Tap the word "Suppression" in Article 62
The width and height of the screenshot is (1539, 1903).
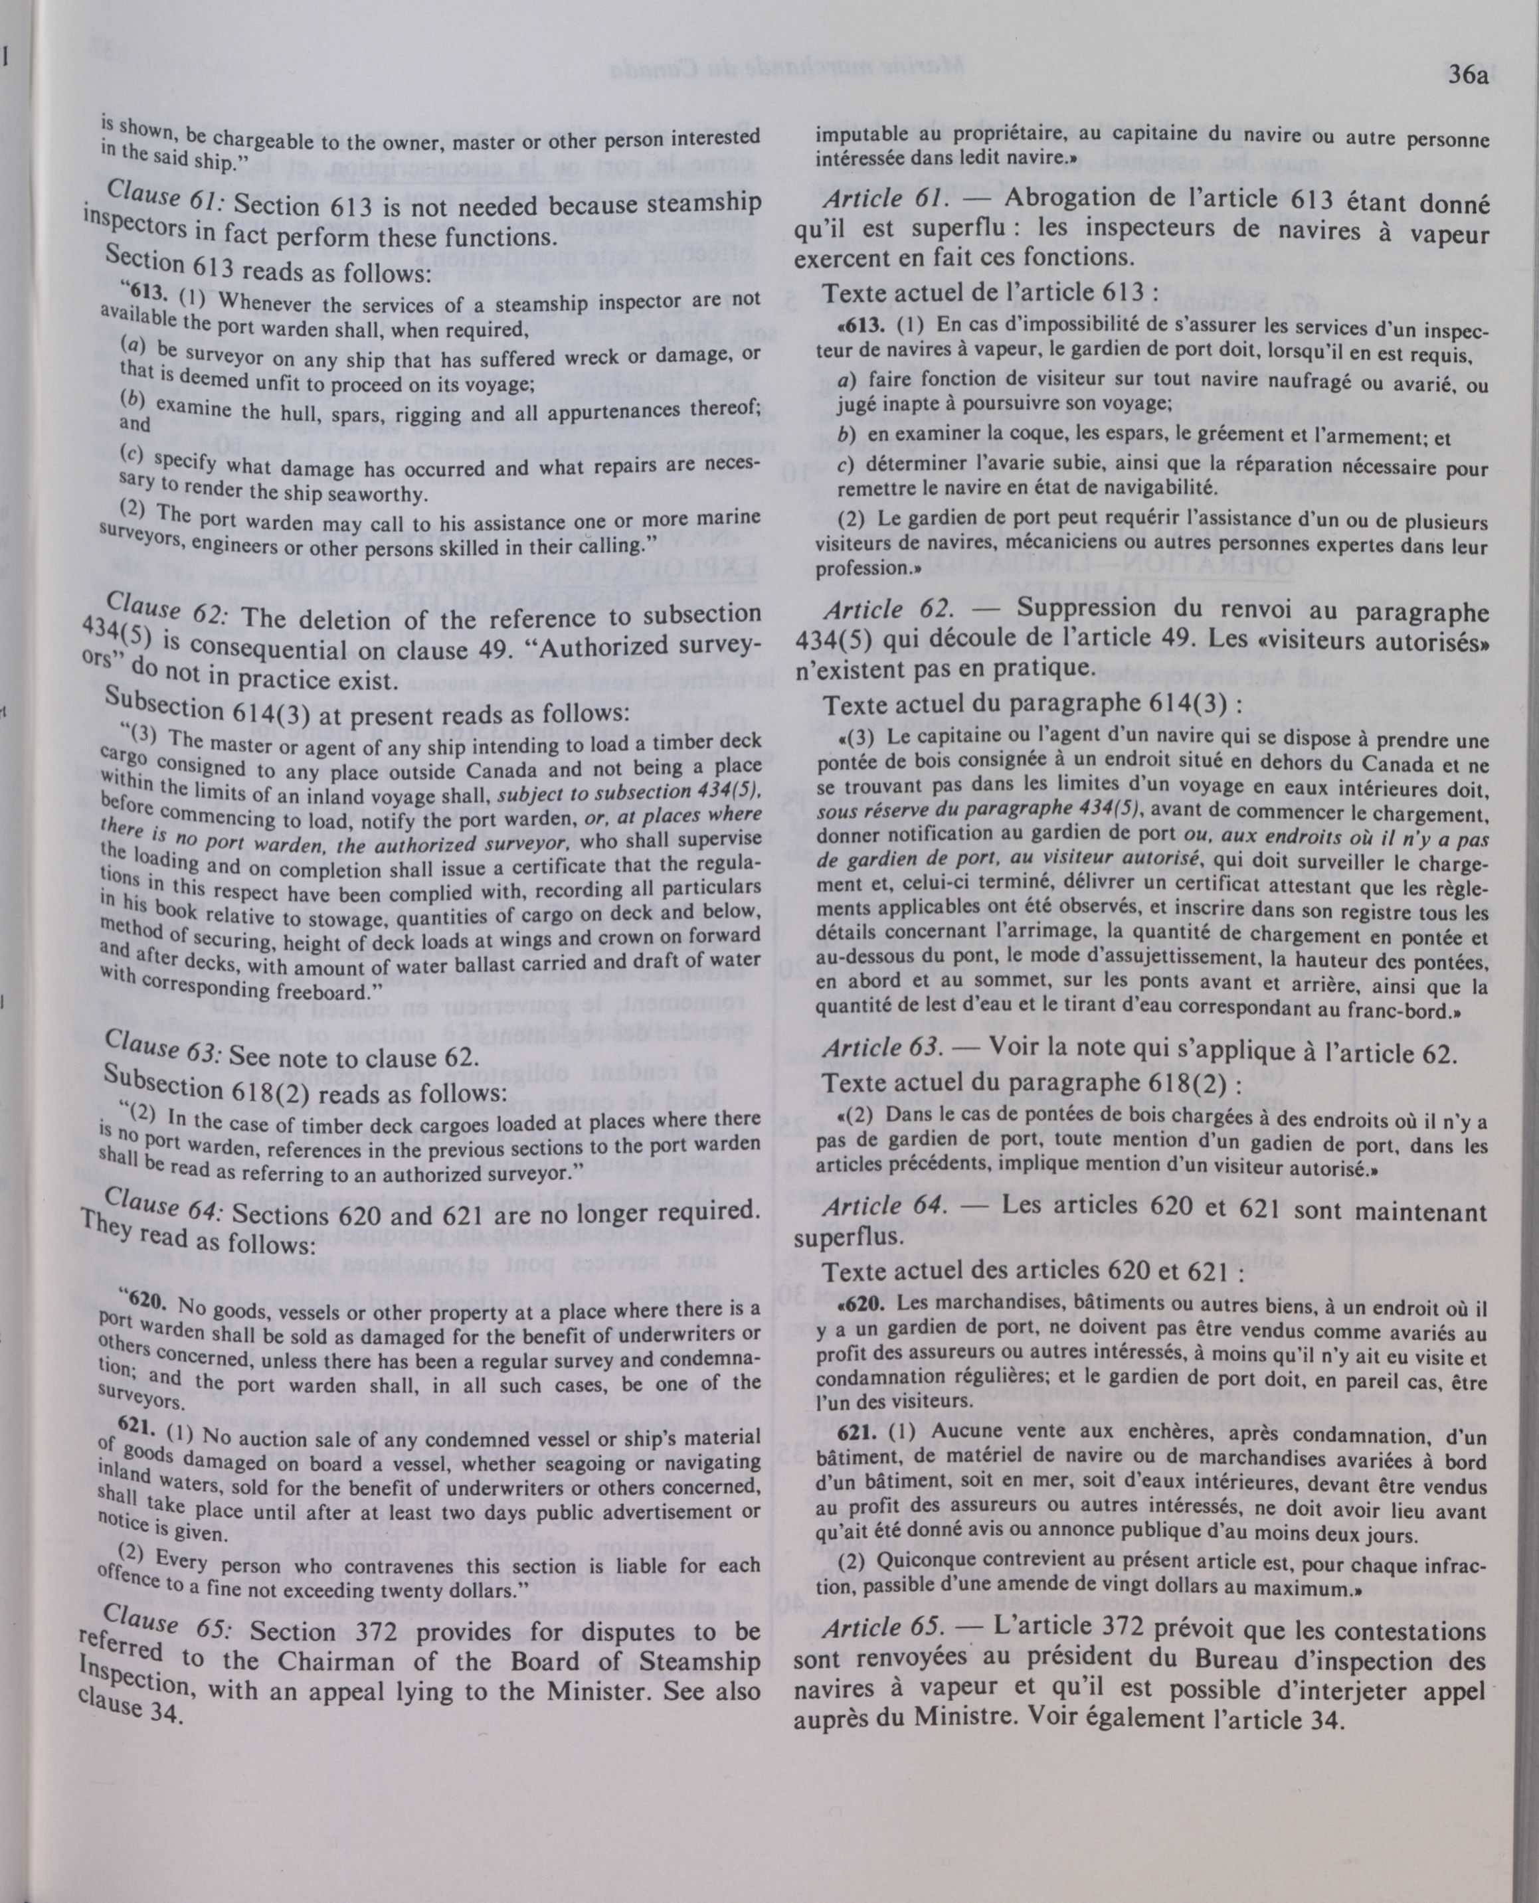click(1099, 609)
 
